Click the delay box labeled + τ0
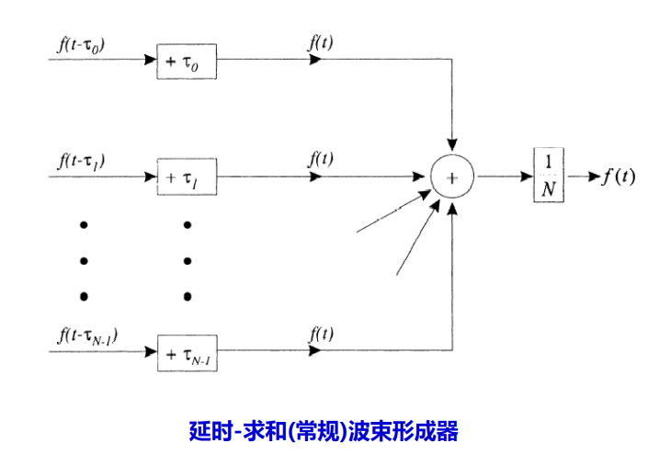click(187, 61)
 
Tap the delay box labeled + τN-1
click(187, 352)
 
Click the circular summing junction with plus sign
click(452, 176)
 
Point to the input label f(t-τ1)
click(82, 159)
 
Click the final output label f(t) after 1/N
click(618, 176)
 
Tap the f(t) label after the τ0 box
click(320, 43)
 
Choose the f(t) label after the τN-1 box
click(320, 334)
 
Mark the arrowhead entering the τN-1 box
click(151, 351)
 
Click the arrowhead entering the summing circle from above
click(452, 146)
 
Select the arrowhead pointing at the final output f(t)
click(594, 176)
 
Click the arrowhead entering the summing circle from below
click(452, 205)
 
